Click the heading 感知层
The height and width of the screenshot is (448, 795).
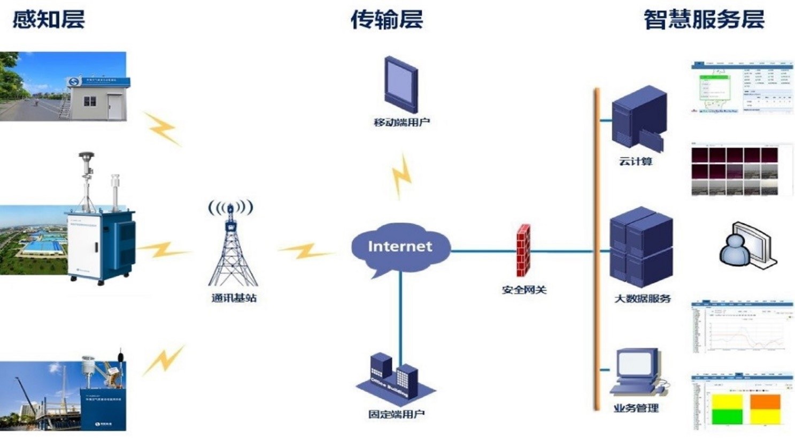pos(48,20)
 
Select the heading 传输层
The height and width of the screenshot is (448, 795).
pos(386,20)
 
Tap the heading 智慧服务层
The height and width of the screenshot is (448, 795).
pos(704,20)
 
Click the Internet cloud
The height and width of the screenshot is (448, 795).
pos(399,247)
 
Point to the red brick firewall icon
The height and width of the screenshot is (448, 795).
pos(523,250)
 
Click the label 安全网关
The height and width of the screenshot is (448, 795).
pos(524,290)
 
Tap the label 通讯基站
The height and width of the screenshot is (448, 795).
pos(234,298)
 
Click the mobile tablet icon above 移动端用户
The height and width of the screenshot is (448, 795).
pos(400,80)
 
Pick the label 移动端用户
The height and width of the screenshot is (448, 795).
pos(402,123)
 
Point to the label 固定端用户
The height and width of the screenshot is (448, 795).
pos(396,414)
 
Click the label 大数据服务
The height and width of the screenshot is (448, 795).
pos(642,299)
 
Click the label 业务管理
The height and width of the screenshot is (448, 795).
pos(636,408)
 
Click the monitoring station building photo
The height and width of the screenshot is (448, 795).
pos(63,86)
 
